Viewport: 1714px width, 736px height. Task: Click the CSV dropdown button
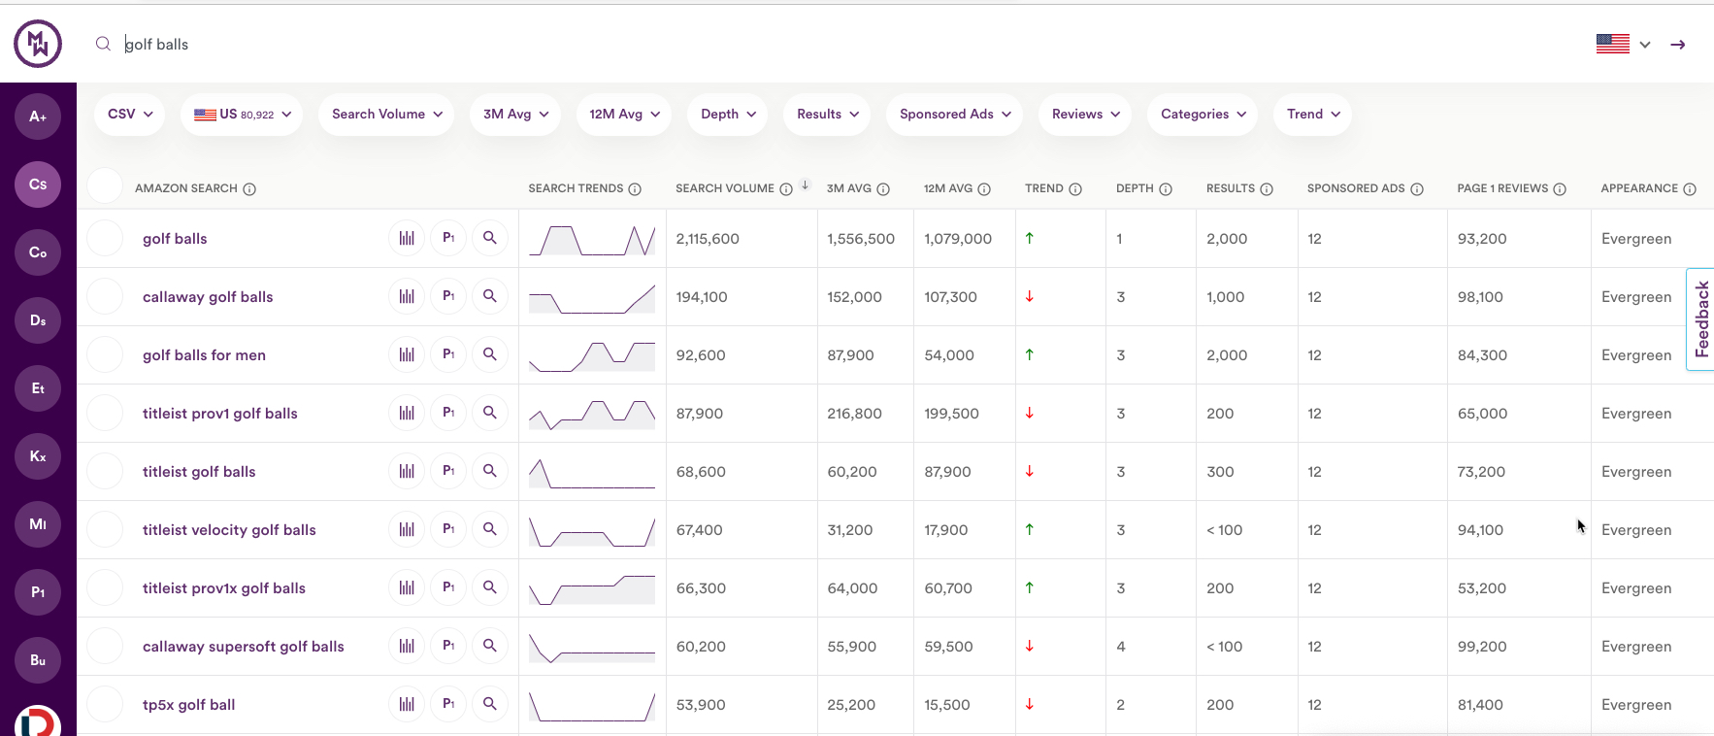[130, 115]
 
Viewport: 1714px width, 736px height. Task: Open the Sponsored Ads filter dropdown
[955, 115]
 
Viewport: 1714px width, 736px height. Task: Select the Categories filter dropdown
[1203, 115]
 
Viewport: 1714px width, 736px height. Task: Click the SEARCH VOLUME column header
[724, 188]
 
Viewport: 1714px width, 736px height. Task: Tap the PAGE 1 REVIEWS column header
[1501, 188]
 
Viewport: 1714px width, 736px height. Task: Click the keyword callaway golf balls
[208, 297]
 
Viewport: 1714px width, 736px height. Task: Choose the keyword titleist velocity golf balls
[229, 530]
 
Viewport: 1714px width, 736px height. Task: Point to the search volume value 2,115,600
[708, 239]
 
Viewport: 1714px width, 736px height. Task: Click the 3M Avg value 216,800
[854, 414]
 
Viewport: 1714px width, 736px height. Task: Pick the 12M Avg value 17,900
[945, 530]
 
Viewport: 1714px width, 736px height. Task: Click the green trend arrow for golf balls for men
[1029, 354]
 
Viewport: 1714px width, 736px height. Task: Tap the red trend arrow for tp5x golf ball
[1029, 704]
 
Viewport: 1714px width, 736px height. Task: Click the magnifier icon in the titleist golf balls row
[490, 471]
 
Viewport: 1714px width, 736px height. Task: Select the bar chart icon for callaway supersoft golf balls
[407, 646]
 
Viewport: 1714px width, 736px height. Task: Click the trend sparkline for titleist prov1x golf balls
[592, 588]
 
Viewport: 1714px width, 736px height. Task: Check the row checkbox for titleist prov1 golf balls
[105, 413]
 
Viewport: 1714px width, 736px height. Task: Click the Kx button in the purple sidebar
[38, 456]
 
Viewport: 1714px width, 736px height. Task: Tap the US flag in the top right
[1612, 44]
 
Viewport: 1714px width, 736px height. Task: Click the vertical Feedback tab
[1700, 318]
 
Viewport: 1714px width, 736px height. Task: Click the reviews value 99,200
[1481, 647]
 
